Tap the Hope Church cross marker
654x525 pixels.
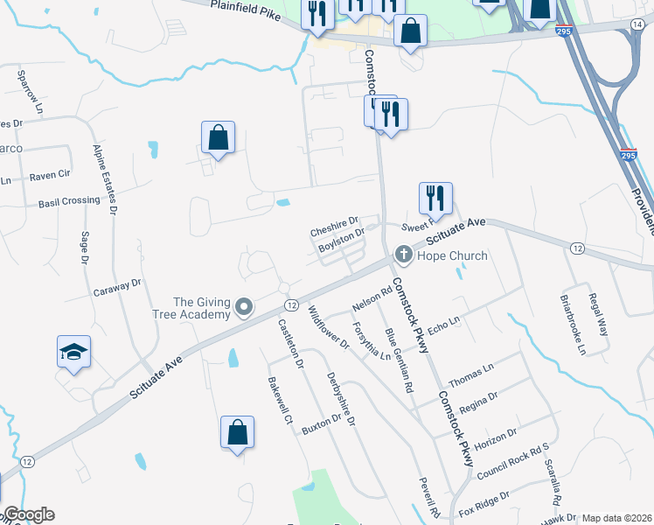(403, 255)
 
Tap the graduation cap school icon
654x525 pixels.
(74, 353)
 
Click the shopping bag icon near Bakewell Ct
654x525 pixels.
(237, 432)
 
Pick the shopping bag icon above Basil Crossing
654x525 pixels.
(218, 137)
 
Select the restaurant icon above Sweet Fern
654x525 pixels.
(435, 199)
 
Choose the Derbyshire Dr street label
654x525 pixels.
(342, 398)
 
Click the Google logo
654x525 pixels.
(28, 514)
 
